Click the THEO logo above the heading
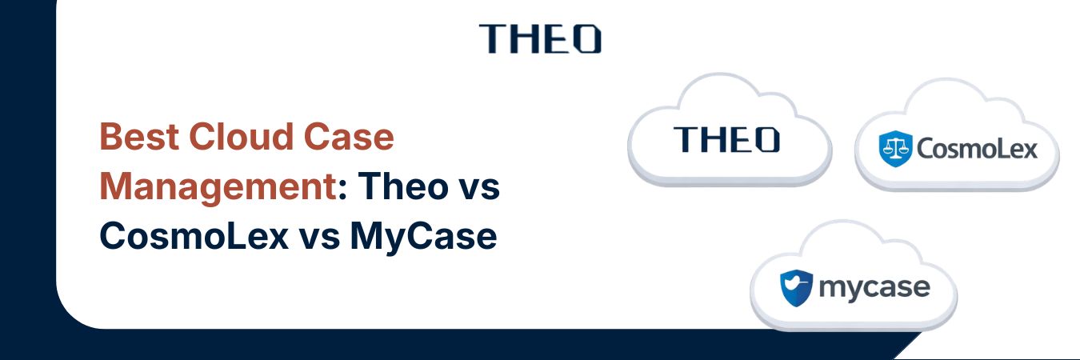coord(540,38)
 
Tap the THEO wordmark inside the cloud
coord(726,139)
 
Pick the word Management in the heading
coord(215,187)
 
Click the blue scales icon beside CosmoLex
coord(894,150)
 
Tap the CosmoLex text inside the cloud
coord(976,149)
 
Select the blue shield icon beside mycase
coord(797,286)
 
